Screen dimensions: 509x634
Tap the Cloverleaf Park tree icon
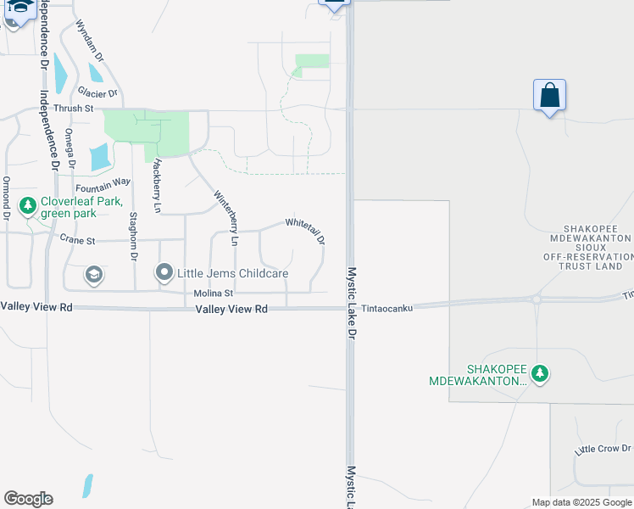27,206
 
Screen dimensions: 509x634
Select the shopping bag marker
549,95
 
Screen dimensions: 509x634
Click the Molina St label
213,294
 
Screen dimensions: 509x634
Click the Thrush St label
73,109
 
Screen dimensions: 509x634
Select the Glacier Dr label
97,92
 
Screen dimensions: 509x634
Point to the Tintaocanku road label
387,309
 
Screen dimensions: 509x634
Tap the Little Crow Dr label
603,449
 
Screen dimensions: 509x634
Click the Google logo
28,499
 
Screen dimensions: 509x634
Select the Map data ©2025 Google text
581,502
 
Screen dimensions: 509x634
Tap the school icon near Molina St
93,274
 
